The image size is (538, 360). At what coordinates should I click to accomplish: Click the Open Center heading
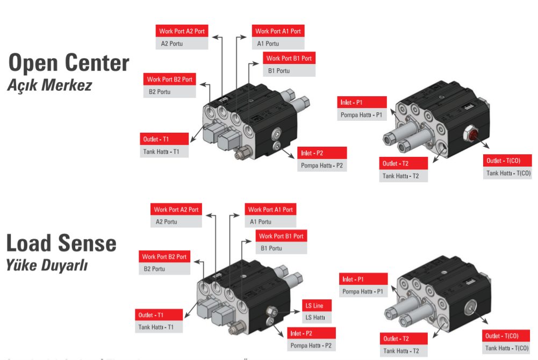(x=69, y=63)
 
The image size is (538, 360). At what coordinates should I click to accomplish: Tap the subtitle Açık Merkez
(x=49, y=85)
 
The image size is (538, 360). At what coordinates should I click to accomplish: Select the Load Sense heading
(x=61, y=243)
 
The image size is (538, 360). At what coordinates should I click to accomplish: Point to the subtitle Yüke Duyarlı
(x=47, y=265)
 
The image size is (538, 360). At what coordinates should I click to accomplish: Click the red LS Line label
(x=317, y=306)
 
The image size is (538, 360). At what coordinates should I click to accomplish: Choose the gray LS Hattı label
(x=317, y=318)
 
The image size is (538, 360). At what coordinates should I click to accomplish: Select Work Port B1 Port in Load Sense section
(x=281, y=236)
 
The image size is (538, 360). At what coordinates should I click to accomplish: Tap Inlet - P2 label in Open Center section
(x=321, y=153)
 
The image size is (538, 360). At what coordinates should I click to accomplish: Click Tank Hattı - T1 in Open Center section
(x=164, y=152)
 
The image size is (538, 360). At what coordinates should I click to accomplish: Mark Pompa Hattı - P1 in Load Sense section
(x=363, y=291)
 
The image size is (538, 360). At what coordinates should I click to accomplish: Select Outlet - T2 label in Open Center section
(x=404, y=163)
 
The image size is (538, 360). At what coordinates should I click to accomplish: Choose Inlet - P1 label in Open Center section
(x=362, y=103)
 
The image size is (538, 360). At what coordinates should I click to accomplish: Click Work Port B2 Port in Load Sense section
(x=164, y=257)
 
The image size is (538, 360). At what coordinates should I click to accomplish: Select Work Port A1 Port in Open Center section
(x=278, y=31)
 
